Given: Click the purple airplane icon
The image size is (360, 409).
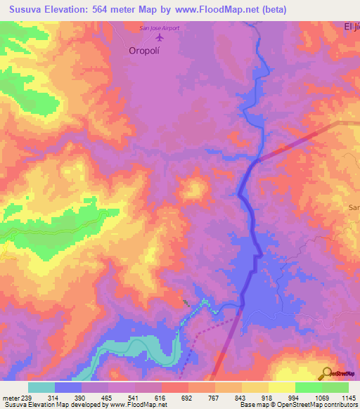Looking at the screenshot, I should (x=157, y=37).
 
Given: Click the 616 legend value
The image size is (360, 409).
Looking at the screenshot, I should (x=161, y=397).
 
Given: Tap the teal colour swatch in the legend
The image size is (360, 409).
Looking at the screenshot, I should (x=41, y=387).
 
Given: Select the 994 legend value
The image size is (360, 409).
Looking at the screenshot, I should (x=295, y=397).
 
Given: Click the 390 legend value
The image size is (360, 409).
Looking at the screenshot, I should (x=81, y=397).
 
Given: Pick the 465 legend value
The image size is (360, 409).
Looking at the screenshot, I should (x=108, y=397).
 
